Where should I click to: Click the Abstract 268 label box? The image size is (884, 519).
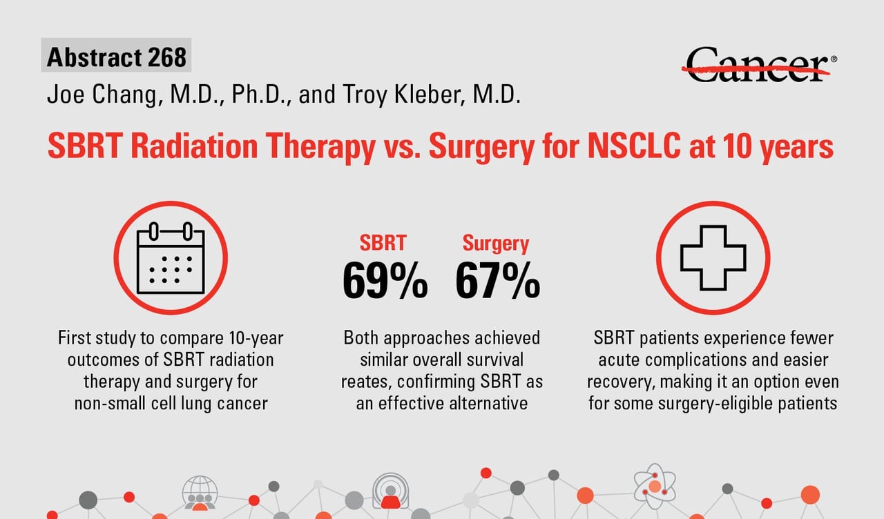coord(117,57)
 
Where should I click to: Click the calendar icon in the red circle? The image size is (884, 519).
coord(171,257)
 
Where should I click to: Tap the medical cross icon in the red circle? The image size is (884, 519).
coord(713,257)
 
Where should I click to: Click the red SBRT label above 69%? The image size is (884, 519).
coord(383,243)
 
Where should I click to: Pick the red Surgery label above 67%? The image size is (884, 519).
coord(496,243)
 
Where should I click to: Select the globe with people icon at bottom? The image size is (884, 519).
coord(200,492)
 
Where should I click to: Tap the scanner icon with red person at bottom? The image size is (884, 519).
coord(390,490)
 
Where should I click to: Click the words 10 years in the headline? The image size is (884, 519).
coord(771,147)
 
